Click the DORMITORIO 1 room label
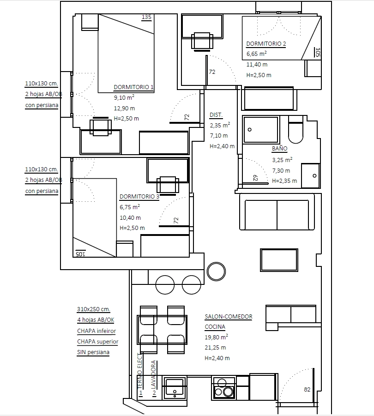133,87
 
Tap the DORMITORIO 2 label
266,43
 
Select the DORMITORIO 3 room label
139,197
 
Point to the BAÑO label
279,148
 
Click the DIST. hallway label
216,115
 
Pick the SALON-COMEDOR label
229,317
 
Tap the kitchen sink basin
174,387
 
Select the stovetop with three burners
224,388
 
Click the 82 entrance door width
307,390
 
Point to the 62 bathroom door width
255,178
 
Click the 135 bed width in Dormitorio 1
146,17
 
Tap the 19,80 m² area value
216,337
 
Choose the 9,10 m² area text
124,97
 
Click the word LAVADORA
153,374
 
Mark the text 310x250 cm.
94,309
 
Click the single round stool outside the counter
216,271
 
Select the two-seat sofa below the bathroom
277,212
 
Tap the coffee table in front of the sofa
279,260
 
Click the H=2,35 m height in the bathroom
284,181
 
